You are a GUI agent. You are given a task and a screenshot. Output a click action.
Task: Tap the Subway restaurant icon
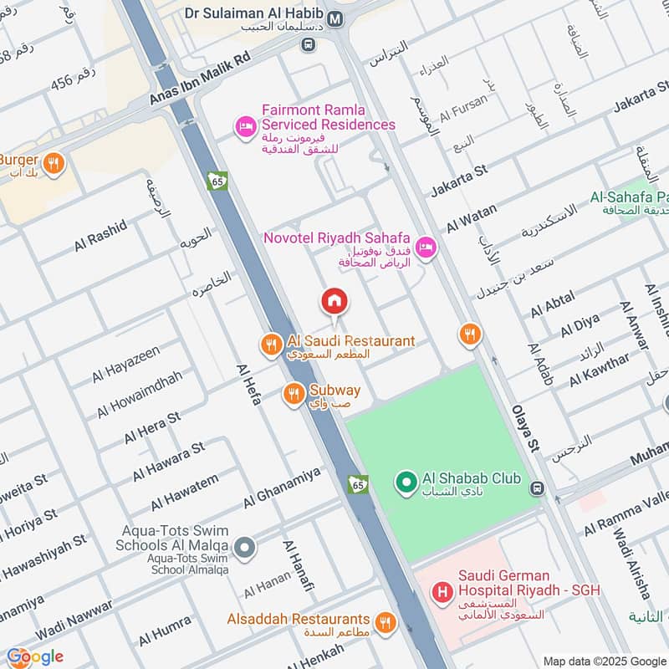point(294,393)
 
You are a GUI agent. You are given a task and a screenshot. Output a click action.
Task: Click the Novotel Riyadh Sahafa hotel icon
point(426,247)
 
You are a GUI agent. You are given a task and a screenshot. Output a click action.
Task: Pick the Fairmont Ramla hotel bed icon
point(245,127)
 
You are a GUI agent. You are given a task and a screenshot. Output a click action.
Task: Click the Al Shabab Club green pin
point(406,483)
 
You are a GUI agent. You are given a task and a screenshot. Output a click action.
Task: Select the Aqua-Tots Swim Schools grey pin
point(244,548)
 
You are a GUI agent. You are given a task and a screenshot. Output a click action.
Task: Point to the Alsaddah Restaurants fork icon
point(385,622)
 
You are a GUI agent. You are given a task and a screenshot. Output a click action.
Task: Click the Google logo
point(35,656)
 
